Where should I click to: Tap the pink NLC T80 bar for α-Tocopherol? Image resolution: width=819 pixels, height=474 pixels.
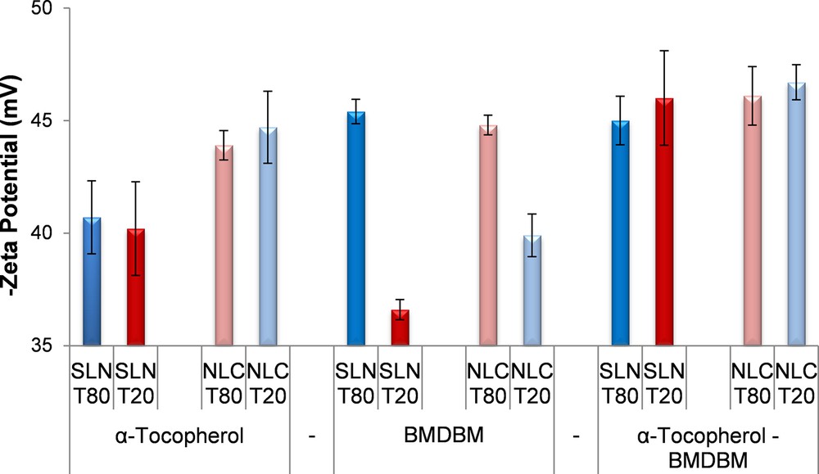(x=224, y=245)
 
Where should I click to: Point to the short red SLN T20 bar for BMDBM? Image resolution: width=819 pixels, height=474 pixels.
(x=400, y=327)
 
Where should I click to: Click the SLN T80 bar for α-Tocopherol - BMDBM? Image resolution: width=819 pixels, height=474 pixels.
(x=621, y=232)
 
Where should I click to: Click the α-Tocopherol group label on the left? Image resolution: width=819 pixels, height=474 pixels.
(x=179, y=436)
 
